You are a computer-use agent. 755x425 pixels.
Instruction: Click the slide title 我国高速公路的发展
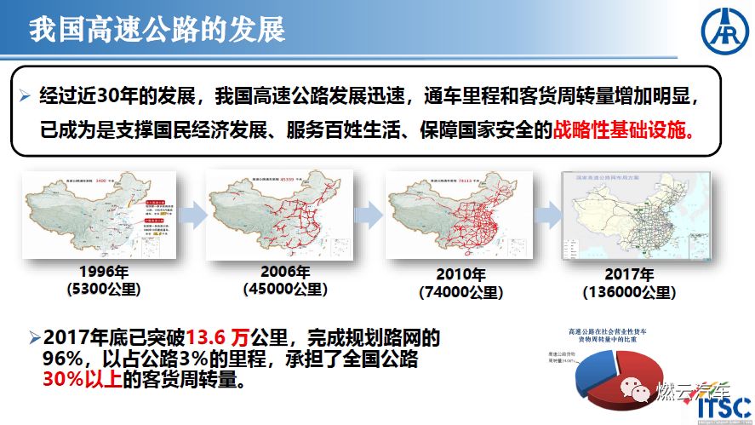157,30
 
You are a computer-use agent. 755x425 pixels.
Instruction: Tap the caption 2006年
285,273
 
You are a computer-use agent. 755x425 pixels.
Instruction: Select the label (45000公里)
285,290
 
